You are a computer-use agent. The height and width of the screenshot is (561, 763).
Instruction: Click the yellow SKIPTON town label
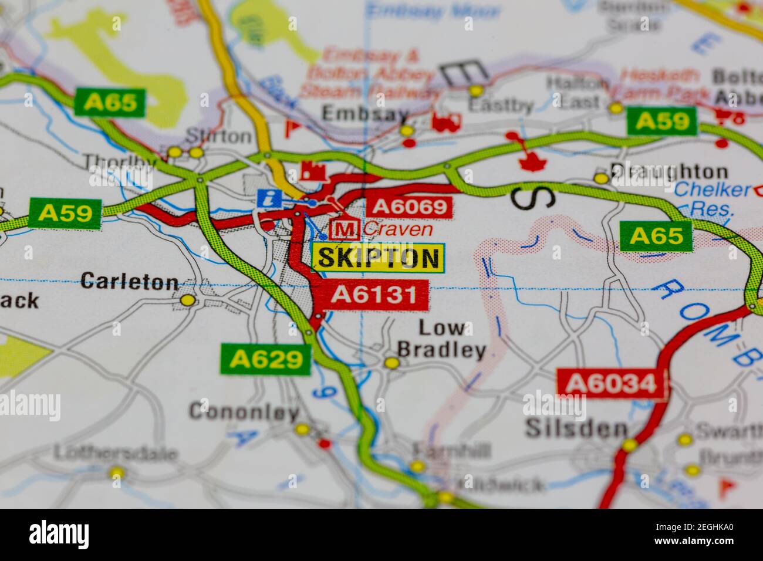378,258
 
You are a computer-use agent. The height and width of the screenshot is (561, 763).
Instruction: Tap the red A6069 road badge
410,207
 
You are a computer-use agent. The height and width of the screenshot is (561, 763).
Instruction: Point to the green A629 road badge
265,359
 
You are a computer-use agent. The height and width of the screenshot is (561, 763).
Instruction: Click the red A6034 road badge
612,383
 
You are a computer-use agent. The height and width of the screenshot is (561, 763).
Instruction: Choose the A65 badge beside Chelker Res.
656,236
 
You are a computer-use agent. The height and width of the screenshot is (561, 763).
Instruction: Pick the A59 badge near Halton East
661,121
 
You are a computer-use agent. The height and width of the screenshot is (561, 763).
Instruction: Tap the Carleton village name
129,282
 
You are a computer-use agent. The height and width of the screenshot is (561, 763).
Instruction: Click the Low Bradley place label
441,339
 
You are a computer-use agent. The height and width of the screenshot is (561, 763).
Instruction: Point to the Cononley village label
244,413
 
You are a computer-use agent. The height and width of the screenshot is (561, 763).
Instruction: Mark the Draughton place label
669,172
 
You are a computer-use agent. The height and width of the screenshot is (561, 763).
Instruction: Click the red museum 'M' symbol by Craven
345,228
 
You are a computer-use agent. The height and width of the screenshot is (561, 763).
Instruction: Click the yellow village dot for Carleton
188,300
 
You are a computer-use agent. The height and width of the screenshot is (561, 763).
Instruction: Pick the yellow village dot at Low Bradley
391,363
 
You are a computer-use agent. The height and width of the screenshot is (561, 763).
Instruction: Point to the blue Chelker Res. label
711,199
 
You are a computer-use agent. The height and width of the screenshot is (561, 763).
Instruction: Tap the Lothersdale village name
116,454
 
